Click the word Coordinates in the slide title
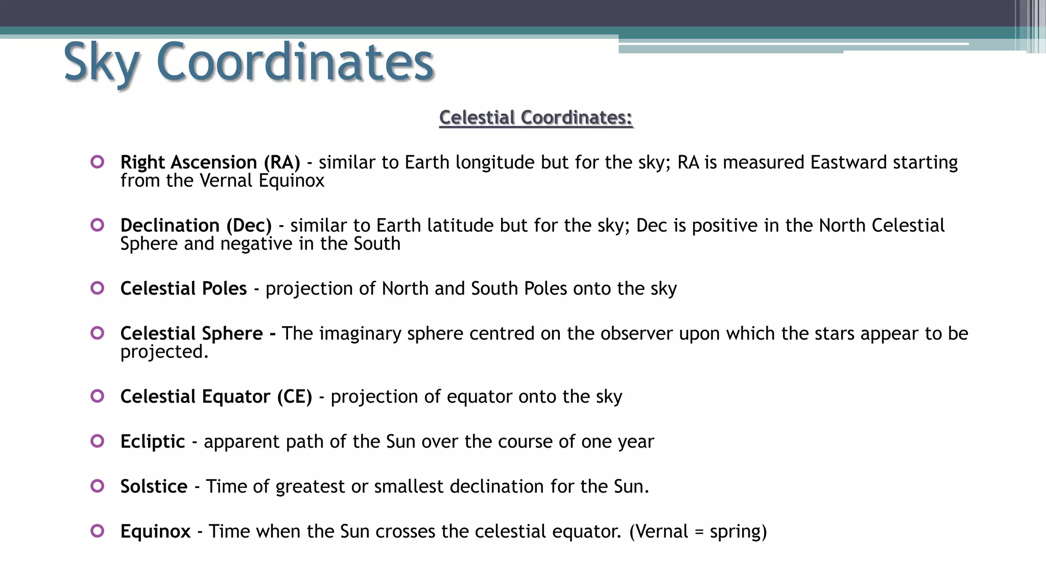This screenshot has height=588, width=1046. [x=295, y=62]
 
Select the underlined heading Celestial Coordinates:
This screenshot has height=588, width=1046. [x=536, y=117]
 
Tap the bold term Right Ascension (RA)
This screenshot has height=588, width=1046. [x=210, y=162]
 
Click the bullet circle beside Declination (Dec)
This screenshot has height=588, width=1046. [x=97, y=225]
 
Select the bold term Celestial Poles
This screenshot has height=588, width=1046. [x=183, y=288]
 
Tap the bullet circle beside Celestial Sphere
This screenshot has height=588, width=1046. [x=97, y=333]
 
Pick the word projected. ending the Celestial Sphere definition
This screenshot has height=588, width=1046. [x=164, y=352]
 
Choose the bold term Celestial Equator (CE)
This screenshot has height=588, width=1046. [x=216, y=397]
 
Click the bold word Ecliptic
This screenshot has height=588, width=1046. [x=153, y=442]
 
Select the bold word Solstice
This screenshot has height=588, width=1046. [x=154, y=486]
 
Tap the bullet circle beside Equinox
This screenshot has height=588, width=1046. [x=97, y=531]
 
